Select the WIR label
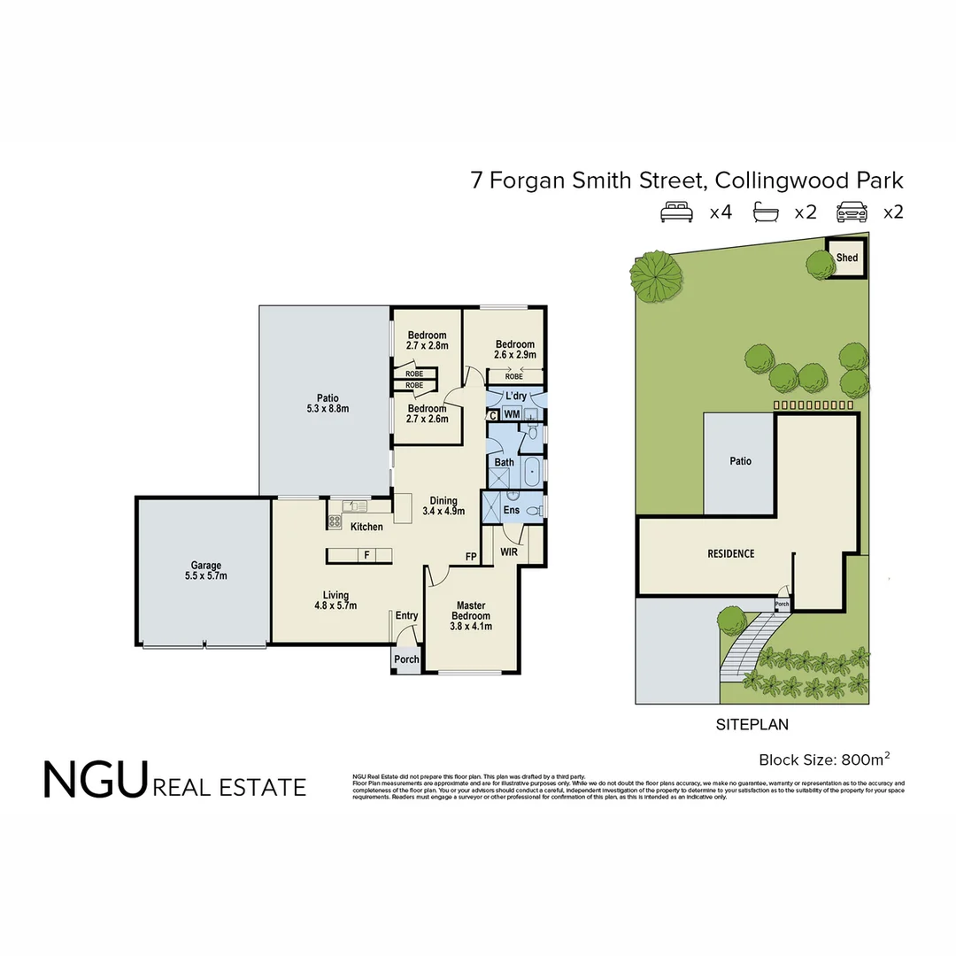tap(508, 551)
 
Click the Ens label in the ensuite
tap(511, 511)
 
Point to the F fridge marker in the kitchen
tap(365, 555)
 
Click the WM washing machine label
tap(511, 414)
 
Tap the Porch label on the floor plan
tap(406, 659)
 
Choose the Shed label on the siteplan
tap(847, 258)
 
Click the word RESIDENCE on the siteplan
tap(731, 553)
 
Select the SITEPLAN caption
tap(752, 724)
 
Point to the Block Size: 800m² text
tap(824, 759)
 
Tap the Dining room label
tap(443, 505)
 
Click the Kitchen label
tap(366, 527)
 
